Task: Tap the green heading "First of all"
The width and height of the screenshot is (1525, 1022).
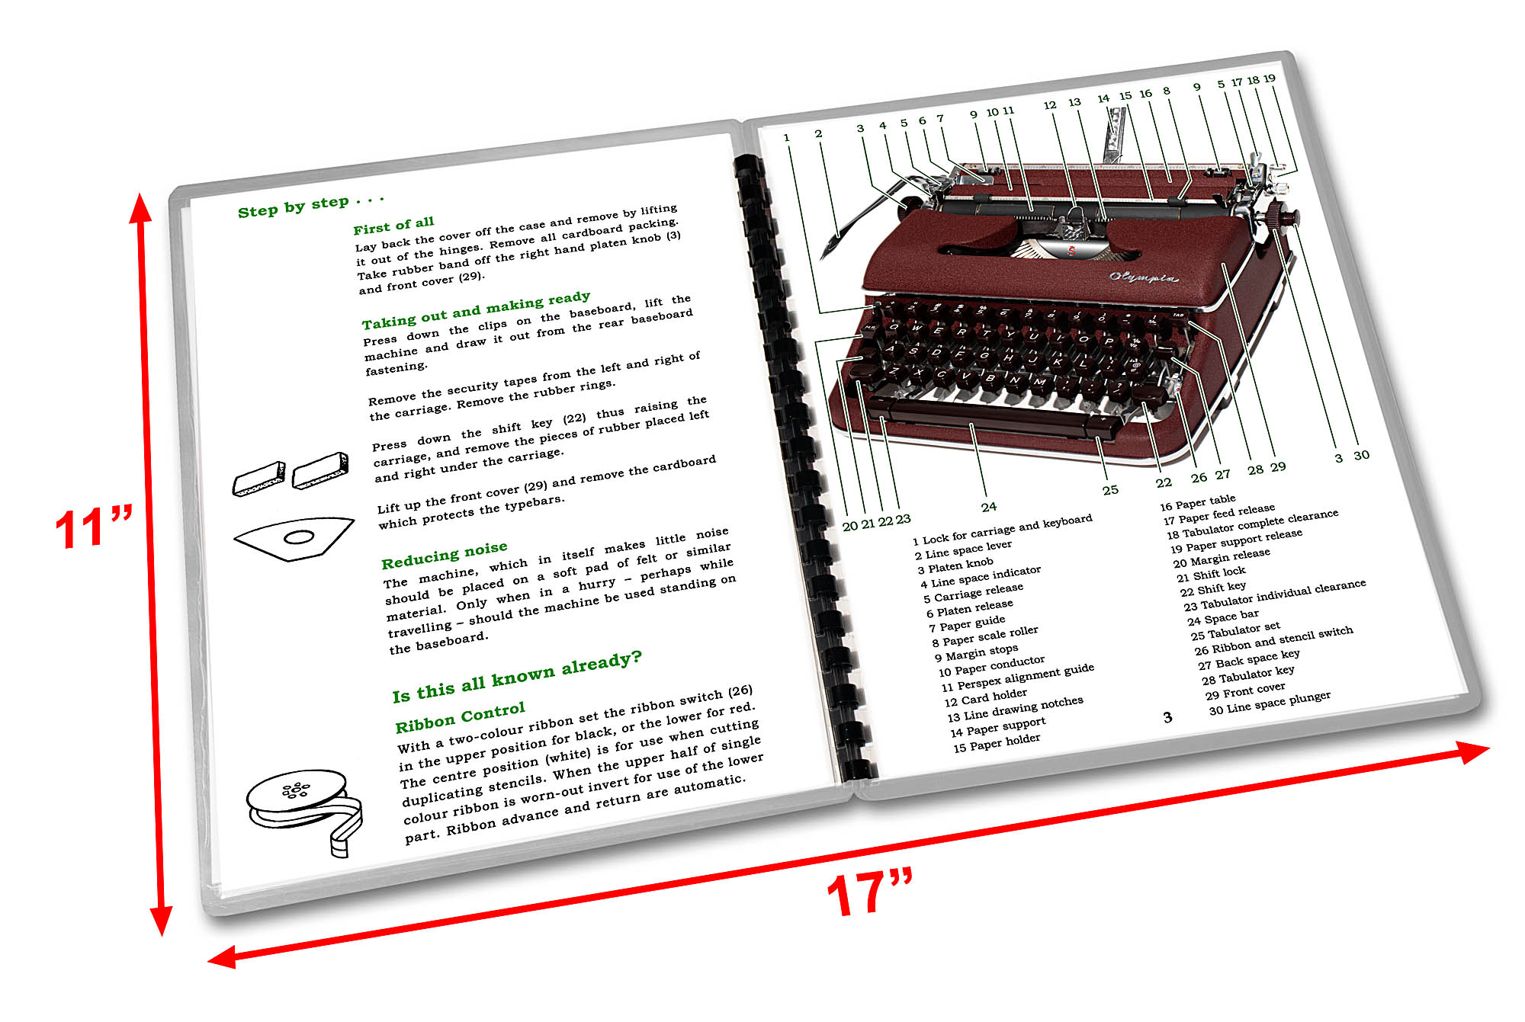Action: (x=393, y=226)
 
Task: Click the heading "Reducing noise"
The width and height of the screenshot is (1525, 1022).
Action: (x=444, y=555)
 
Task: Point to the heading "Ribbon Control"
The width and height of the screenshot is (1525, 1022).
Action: (x=460, y=717)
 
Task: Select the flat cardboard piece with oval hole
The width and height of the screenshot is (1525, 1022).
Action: (x=295, y=538)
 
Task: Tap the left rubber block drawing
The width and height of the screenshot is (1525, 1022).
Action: (x=259, y=479)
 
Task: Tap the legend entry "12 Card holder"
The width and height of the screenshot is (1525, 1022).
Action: (x=985, y=697)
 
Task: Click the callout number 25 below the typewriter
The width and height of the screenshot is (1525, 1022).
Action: (x=1110, y=490)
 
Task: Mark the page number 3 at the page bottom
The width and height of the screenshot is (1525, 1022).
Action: (x=1167, y=717)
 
